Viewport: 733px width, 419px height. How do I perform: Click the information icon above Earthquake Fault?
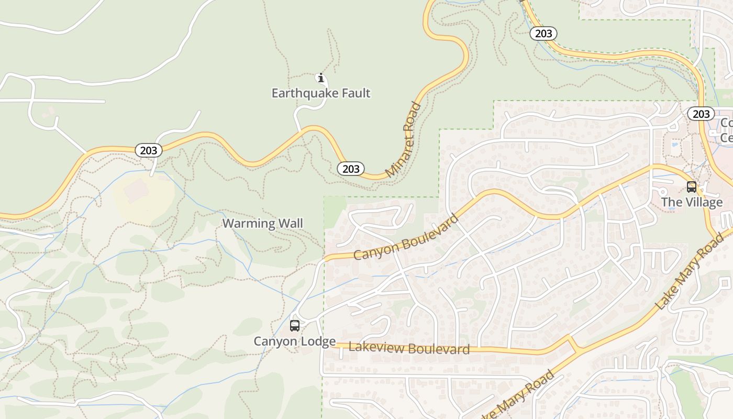[x=321, y=79]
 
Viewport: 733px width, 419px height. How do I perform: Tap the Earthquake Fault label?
[x=321, y=93]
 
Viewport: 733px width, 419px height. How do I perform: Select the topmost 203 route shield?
[x=543, y=34]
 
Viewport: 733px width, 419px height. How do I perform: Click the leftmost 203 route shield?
[x=149, y=150]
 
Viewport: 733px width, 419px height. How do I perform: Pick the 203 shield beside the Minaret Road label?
[x=351, y=169]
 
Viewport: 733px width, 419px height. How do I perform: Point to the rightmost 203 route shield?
[x=701, y=114]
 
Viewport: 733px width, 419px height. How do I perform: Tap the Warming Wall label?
[x=263, y=224]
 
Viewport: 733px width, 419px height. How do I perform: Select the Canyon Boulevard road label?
[x=406, y=238]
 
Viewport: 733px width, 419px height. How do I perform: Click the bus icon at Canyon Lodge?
[x=295, y=326]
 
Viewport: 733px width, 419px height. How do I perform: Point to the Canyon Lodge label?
[x=295, y=341]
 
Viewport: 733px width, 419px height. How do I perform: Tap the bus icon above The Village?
[x=692, y=187]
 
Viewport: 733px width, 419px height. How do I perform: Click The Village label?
[x=692, y=202]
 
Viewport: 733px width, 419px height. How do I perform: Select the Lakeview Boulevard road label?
[x=409, y=348]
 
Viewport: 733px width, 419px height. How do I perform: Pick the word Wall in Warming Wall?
[x=291, y=224]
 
